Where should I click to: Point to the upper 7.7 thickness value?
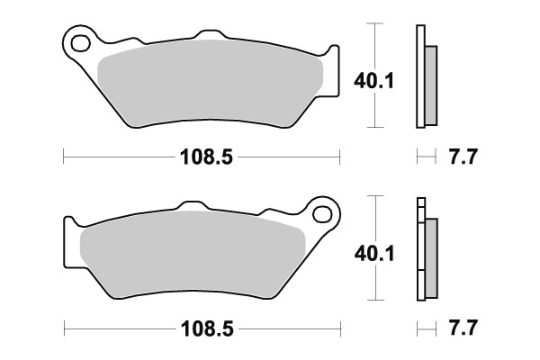(x=463, y=157)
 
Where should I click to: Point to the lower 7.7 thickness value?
(x=463, y=329)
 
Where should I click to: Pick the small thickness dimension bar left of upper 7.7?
(x=425, y=157)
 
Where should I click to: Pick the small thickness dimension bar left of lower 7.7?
(x=425, y=329)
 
